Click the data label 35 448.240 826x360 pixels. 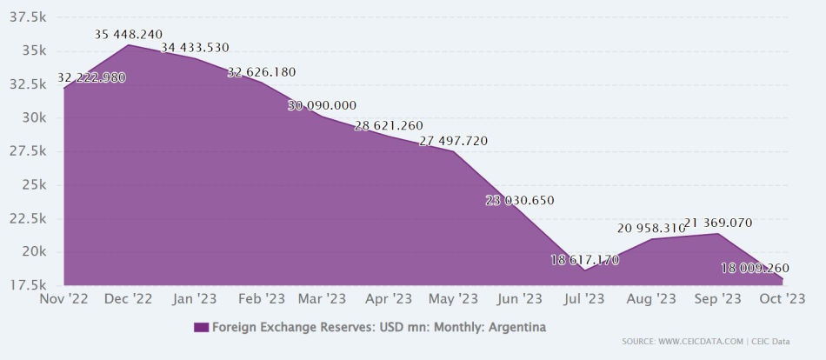point(129,35)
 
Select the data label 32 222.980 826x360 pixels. point(91,77)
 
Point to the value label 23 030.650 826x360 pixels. point(520,201)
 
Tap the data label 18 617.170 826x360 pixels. point(584,259)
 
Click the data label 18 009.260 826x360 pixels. point(755,268)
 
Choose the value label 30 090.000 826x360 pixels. point(322,105)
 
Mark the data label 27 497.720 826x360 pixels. point(454,141)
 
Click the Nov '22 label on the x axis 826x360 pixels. point(63,298)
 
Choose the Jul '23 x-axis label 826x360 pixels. point(584,298)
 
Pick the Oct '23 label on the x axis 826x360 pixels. point(783,298)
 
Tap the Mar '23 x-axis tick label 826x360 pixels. point(323,298)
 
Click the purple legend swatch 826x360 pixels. point(201,327)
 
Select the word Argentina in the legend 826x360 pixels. point(517,327)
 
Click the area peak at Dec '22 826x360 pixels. point(128,44)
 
